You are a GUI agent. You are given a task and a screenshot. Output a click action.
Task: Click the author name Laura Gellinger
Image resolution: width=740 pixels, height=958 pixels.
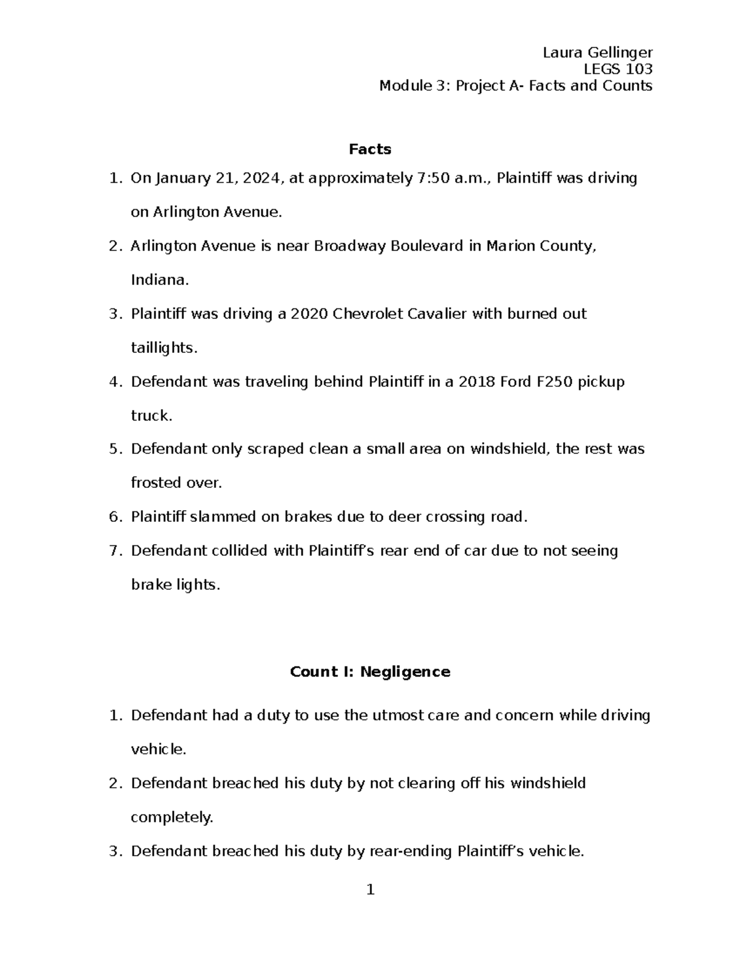(597, 52)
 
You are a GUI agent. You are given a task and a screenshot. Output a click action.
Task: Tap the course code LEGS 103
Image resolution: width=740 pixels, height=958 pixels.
(618, 69)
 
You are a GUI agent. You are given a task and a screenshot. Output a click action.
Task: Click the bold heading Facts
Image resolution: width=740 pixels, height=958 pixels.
(370, 149)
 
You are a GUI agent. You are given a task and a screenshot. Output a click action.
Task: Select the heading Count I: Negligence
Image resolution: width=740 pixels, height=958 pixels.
(370, 672)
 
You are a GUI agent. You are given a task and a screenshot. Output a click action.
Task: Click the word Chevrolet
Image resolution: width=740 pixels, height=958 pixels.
(368, 314)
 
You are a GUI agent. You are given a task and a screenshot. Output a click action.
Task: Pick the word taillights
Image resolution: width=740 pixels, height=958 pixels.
(163, 348)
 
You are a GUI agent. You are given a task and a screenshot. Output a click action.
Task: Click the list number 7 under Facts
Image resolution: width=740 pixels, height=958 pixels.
(114, 551)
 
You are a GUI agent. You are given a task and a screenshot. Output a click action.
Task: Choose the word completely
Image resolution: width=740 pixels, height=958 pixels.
(171, 818)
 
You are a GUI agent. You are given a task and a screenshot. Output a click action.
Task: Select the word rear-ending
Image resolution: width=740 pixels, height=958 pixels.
(411, 852)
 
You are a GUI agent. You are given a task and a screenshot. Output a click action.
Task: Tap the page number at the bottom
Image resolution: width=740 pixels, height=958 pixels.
(370, 890)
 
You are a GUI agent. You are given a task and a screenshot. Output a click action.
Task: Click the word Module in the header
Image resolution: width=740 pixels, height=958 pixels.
(405, 86)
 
